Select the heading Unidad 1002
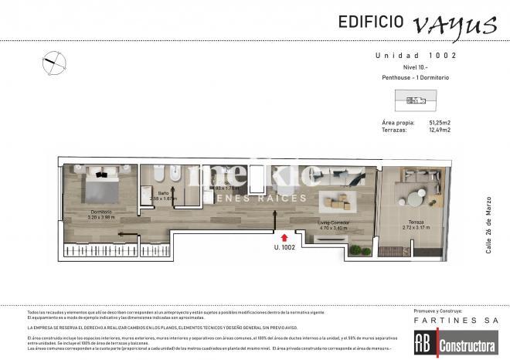416,56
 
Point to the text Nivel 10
416,67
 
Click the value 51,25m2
440,123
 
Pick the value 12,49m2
440,130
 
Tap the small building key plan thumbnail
416,98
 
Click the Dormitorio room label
100,212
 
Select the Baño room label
163,193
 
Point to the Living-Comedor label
335,223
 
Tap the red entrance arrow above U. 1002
285,238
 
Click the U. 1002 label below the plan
285,249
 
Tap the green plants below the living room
355,250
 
